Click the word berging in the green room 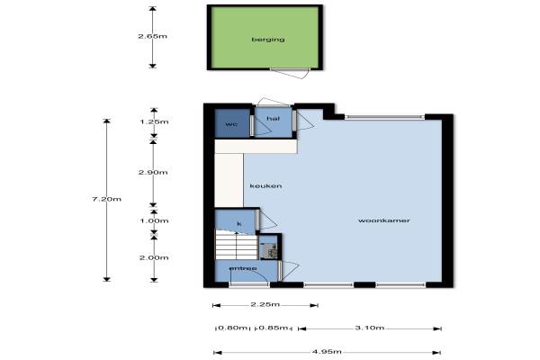268,40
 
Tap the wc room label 231,124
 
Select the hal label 273,119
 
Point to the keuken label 265,186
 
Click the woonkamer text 384,220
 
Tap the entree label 243,268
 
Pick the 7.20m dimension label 106,199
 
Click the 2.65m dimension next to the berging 153,36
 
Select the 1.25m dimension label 154,121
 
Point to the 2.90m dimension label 153,172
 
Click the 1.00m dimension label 154,220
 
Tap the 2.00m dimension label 154,257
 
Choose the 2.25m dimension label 265,304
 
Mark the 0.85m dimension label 273,328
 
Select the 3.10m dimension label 370,328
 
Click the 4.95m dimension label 327,352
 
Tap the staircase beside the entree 237,245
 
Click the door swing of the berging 290,73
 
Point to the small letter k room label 239,224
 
